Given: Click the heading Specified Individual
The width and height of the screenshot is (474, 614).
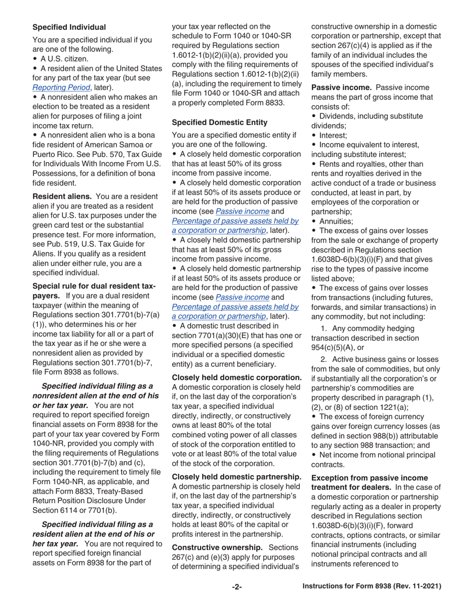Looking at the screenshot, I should coord(69,27).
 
